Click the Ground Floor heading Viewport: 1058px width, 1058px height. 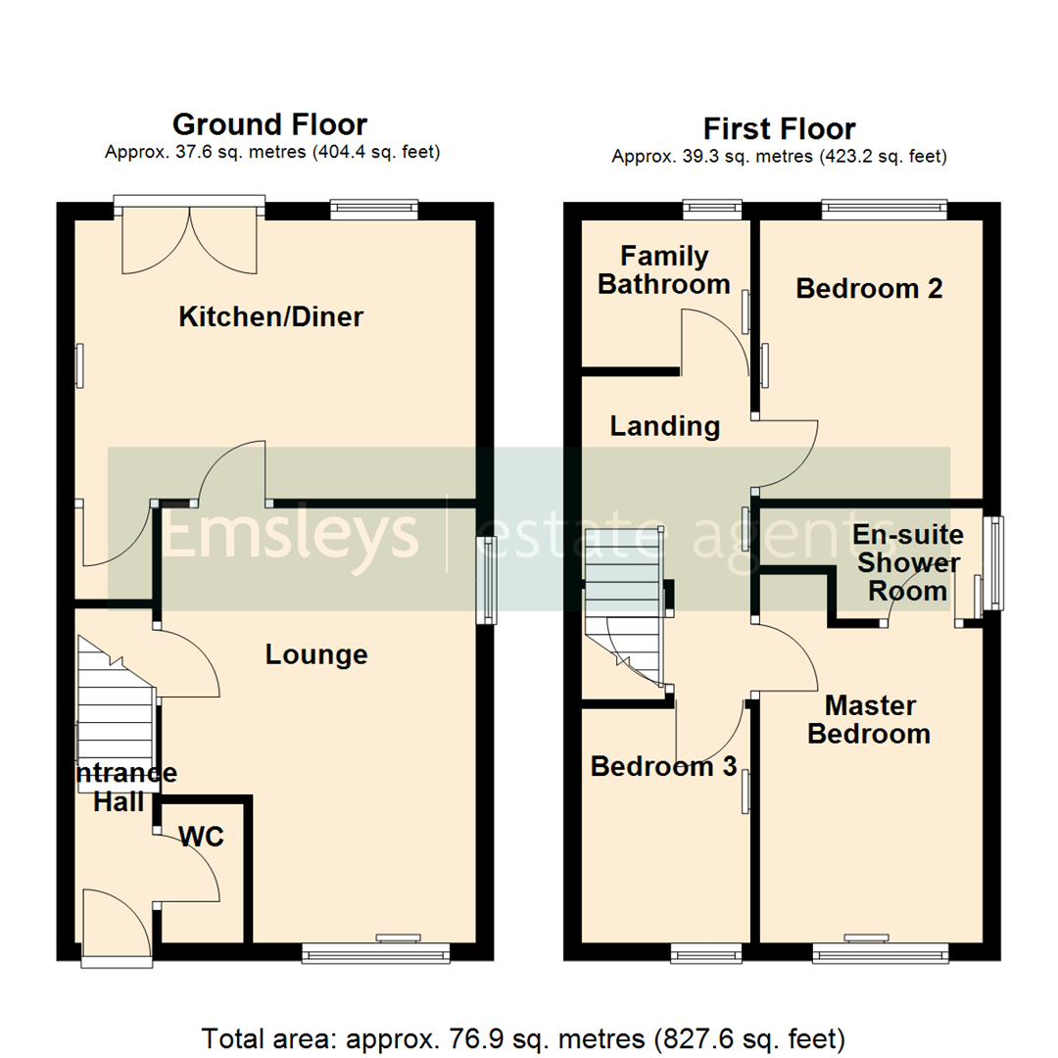coord(269,125)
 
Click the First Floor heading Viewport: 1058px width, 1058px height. coord(779,129)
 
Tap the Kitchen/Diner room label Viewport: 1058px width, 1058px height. coord(271,317)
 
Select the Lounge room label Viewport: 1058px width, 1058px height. coord(316,654)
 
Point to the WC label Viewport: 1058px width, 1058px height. coord(202,837)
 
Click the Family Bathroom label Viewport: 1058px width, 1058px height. coord(664,270)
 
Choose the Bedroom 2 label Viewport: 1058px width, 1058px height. coord(869,288)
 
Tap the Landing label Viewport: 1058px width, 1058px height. coord(665,426)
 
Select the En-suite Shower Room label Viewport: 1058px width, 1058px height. coord(908,563)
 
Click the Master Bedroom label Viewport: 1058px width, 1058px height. coord(869,720)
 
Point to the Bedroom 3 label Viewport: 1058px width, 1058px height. coord(663,766)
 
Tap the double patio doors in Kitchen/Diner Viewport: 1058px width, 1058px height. coord(190,238)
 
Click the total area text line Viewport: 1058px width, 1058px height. coord(523,1037)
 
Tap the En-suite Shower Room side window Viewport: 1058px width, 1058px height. coord(994,563)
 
